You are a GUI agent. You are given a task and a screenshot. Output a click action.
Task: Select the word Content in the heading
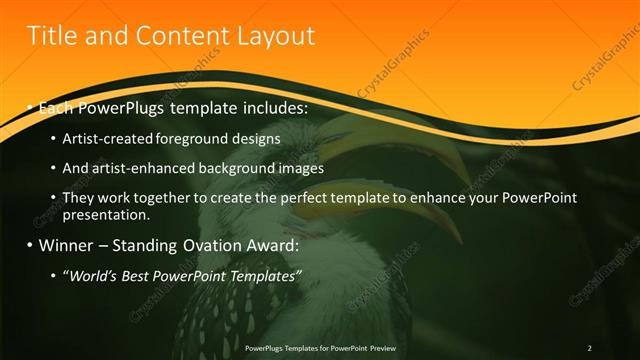(x=176, y=37)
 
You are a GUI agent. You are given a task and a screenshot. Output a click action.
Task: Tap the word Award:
(x=270, y=245)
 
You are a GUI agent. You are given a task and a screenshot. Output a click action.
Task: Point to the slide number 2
(x=589, y=348)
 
